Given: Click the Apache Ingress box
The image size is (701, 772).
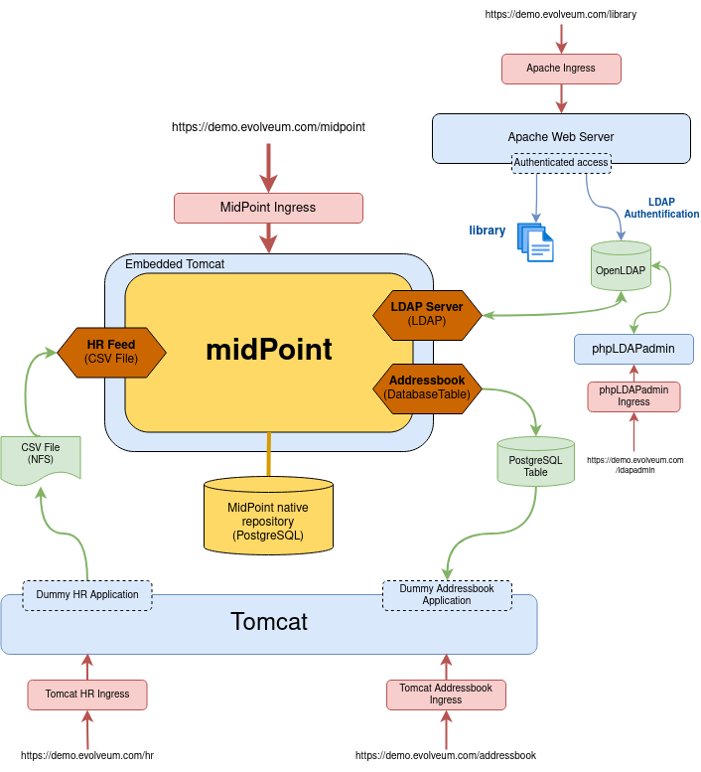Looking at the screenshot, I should pos(561,69).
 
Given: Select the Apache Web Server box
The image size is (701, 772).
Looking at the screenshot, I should pos(561,137).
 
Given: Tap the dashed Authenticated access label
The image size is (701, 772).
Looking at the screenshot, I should pos(561,162).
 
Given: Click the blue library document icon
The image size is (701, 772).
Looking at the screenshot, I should pos(536,241).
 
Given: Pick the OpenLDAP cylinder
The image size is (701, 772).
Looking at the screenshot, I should pos(622,266).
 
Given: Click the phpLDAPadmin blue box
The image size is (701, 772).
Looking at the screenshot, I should pos(633,350).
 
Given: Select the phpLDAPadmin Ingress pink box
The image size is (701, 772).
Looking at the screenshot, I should pos(633,396).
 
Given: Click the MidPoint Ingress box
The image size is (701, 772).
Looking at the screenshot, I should pos(268,208).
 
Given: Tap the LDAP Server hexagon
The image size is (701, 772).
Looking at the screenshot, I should pos(427,314).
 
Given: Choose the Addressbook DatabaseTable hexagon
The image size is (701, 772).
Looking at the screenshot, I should pos(427,387).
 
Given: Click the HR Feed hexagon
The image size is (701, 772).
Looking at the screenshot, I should pos(111,352).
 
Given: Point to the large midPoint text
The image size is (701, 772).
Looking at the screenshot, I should pos(268,350).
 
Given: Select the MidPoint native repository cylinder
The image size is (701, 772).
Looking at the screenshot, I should pos(268,515).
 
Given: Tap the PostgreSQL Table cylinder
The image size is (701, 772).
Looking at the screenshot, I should pos(535,462).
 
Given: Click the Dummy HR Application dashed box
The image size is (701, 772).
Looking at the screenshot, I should pos(87,594).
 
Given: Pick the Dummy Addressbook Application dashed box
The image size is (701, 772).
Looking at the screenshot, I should pos(447,594).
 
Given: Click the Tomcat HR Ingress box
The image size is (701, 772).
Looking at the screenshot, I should pos(87,695).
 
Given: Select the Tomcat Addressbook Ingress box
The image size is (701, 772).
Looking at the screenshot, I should pos(446,695).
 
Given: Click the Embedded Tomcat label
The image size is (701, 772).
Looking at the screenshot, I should pos(175,264).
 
